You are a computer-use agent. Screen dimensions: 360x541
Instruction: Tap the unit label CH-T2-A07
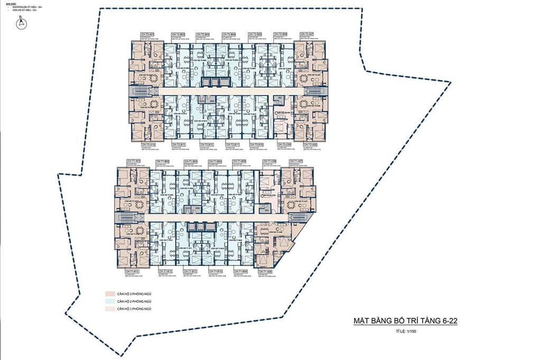(x=306, y=34)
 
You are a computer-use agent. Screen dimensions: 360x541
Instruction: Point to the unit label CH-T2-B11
(x=232, y=144)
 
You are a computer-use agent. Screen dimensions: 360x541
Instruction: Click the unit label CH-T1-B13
(x=132, y=271)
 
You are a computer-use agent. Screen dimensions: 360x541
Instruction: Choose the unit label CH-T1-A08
(x=264, y=271)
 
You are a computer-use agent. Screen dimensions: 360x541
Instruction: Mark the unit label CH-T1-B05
(x=240, y=160)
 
